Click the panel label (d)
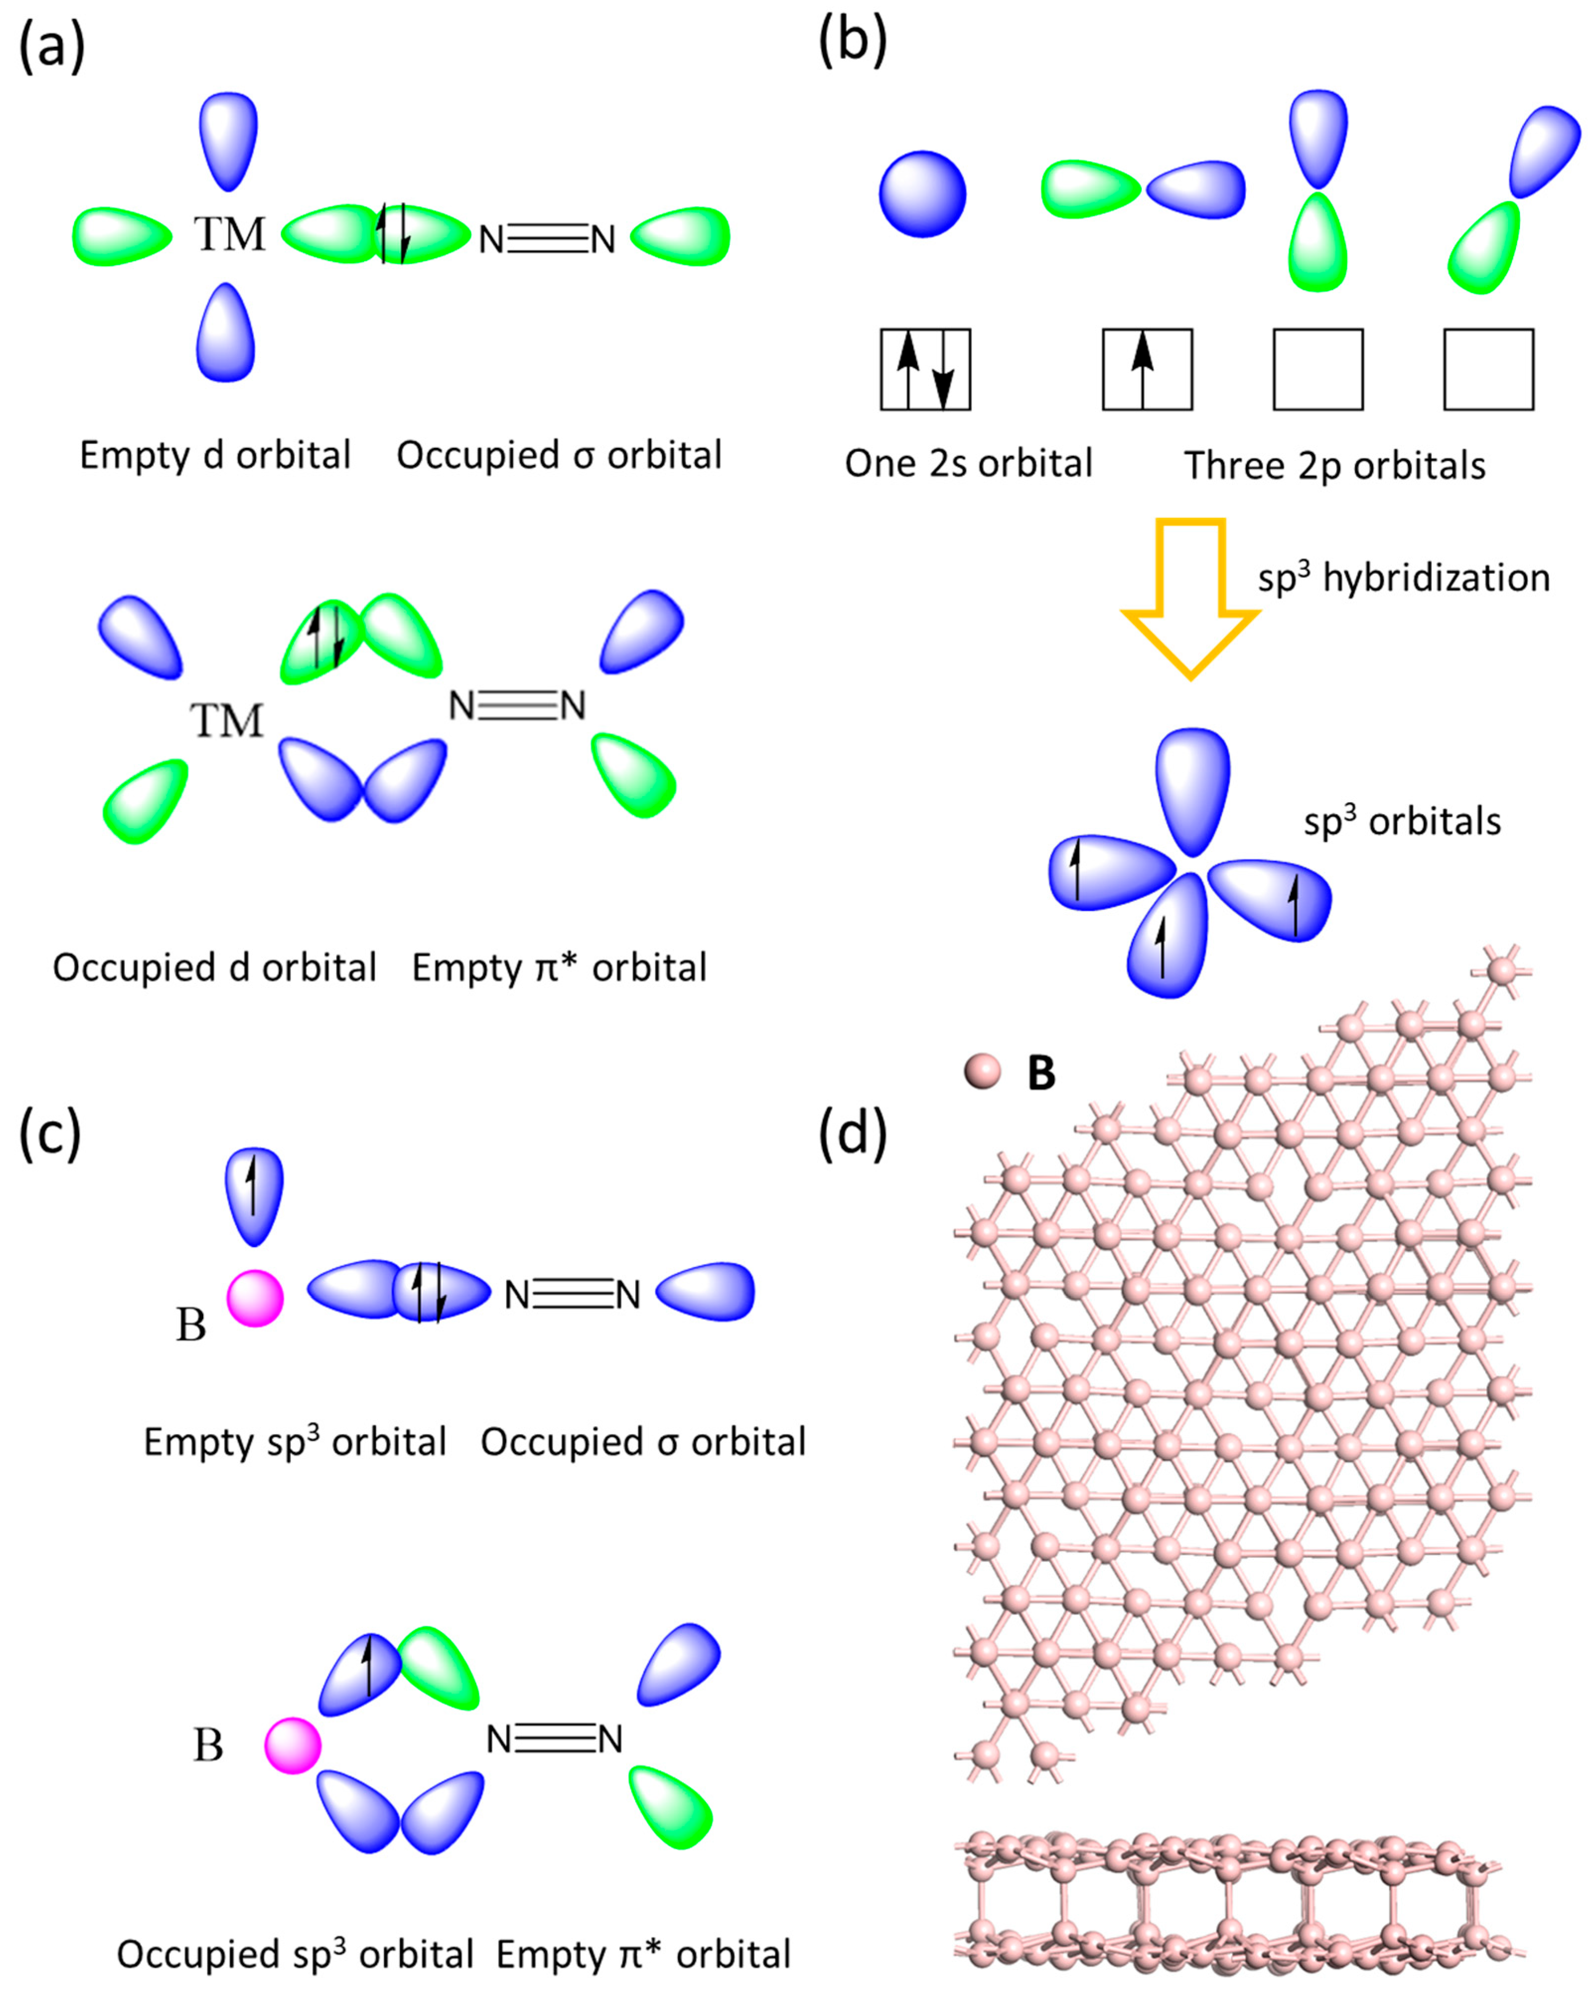pos(852,1134)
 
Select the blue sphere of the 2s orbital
pos(922,194)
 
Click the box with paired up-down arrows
pos(925,369)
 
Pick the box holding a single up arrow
pos(1147,369)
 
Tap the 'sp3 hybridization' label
pos(1403,578)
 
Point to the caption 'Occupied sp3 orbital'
pos(294,1954)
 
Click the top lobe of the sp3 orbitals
pos(1193,788)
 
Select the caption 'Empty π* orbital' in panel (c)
pos(643,1954)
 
